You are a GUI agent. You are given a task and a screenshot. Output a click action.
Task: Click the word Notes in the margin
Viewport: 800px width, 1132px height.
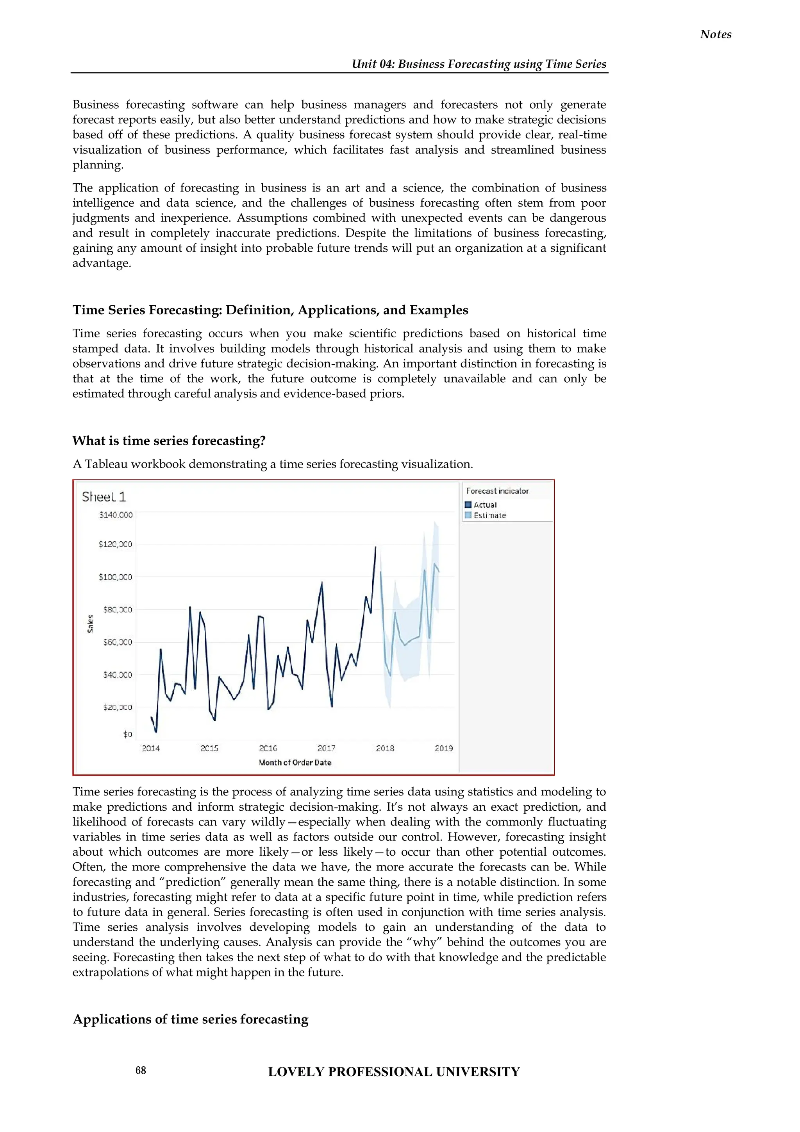(x=715, y=34)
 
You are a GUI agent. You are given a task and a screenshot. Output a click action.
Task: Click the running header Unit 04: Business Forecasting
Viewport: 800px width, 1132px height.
(x=479, y=64)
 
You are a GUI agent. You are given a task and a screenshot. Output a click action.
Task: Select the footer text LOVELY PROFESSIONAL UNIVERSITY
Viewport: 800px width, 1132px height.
(x=394, y=1071)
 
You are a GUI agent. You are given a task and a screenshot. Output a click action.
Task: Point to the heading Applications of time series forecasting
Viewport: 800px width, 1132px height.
(x=190, y=1019)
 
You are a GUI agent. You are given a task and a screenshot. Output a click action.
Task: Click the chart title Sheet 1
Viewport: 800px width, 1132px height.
(x=104, y=496)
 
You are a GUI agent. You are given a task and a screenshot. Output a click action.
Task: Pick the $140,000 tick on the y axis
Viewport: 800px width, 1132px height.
(x=116, y=515)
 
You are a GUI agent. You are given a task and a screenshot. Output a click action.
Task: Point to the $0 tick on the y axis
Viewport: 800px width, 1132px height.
(x=128, y=734)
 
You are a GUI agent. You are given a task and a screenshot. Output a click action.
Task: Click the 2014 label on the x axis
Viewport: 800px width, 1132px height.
(x=151, y=749)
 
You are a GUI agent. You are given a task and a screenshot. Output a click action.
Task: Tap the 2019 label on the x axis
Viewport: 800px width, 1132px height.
(x=443, y=749)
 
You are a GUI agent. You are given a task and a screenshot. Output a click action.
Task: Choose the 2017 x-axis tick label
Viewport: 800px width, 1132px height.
(x=326, y=749)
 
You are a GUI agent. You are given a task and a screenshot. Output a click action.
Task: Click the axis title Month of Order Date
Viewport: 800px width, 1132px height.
(x=295, y=763)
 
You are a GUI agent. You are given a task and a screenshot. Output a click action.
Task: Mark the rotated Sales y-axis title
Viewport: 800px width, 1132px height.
(x=90, y=624)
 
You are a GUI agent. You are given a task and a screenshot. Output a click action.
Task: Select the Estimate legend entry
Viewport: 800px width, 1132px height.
(x=489, y=516)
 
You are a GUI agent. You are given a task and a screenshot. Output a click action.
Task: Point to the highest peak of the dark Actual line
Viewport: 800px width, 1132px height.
(x=375, y=547)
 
